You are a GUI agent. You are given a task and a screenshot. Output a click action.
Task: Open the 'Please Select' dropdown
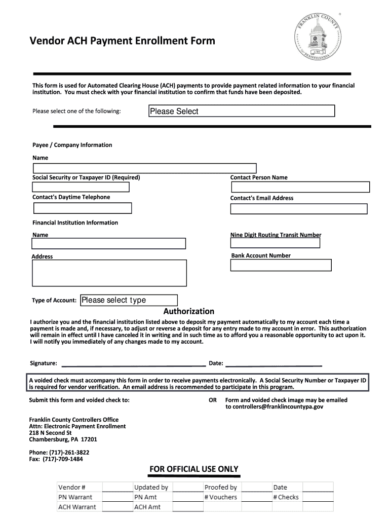point(242,111)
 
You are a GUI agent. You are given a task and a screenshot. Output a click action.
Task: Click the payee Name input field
point(145,168)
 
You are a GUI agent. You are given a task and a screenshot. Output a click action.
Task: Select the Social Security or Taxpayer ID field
point(81,187)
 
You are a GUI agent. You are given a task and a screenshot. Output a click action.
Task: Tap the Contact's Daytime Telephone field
point(83,208)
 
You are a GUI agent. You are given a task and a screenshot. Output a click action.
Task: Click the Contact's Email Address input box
point(299,208)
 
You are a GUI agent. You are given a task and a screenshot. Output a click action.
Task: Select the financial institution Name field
point(109,243)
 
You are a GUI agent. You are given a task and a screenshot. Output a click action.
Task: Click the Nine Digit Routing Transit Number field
point(275,243)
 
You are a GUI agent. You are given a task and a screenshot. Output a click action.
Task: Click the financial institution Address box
point(109,274)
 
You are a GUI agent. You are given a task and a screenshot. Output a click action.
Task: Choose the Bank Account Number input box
point(281,265)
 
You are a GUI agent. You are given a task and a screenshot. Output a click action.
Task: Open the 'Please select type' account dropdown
point(129,300)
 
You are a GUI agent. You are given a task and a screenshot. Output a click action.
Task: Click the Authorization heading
point(188,311)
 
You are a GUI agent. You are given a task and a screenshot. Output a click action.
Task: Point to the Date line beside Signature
point(274,363)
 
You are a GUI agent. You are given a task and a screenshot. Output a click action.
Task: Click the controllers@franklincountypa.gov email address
point(274,406)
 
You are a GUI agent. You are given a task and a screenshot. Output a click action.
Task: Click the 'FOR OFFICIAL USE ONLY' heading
point(193,469)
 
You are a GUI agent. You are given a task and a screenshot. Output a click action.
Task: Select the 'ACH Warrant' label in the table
point(77,507)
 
